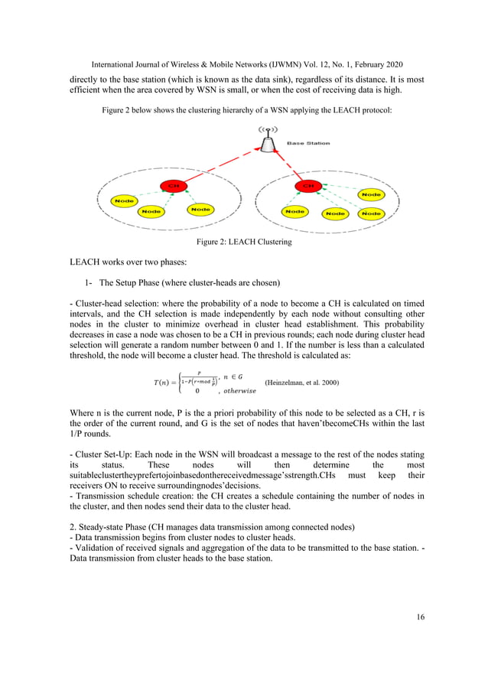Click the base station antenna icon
pyautogui.click(x=266, y=140)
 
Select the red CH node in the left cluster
pyautogui.click(x=173, y=186)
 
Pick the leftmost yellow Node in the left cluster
pyautogui.click(x=124, y=201)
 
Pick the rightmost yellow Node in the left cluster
pyautogui.click(x=200, y=209)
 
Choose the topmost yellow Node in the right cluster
pyautogui.click(x=372, y=195)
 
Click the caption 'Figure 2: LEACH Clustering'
pyautogui.click(x=244, y=242)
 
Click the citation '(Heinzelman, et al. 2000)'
pyautogui.click(x=301, y=382)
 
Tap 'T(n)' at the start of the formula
pyautogui.click(x=161, y=382)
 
